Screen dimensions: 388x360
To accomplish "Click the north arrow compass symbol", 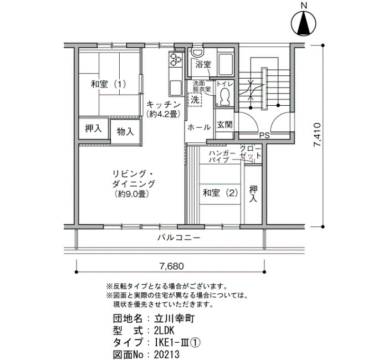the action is [x=304, y=24].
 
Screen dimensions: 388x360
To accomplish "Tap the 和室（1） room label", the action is [x=109, y=84].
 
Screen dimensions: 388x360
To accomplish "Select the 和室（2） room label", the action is [x=220, y=193].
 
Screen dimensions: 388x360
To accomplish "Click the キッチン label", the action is [x=164, y=104].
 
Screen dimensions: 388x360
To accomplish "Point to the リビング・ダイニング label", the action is [x=134, y=179].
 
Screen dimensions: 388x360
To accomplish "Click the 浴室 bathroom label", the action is [x=203, y=65].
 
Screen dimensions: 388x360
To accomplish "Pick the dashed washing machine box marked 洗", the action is [x=195, y=99].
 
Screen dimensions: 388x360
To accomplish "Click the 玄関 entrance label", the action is [x=224, y=125].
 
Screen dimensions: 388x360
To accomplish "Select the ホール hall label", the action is [x=199, y=127].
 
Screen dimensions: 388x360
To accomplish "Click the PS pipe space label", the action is [x=264, y=136].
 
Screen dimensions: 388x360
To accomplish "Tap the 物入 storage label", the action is [x=125, y=131].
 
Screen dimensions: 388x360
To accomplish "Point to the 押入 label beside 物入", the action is [x=94, y=128].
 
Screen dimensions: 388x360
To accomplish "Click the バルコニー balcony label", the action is [x=179, y=238].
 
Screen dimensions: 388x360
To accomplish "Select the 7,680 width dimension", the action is [x=171, y=266].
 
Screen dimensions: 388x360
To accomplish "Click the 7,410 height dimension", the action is [x=317, y=135].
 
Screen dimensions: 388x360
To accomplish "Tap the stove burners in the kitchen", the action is [x=176, y=60].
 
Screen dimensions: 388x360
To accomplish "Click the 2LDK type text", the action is [x=164, y=330].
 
